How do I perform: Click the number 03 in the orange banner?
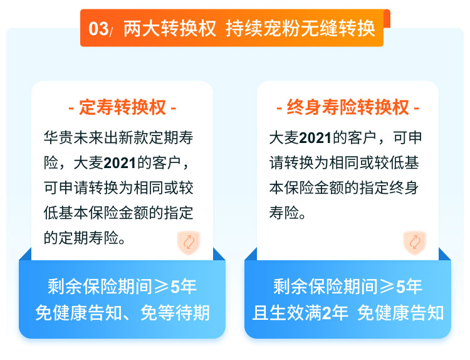tap(98, 29)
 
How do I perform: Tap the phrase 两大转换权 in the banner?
tap(170, 29)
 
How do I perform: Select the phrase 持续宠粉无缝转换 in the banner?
tap(300, 29)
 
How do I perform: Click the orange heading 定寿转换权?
tap(122, 107)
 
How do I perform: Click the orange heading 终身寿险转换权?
tap(348, 107)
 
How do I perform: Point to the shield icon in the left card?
tap(189, 242)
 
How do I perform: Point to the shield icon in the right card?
tap(415, 242)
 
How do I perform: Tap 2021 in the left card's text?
tap(120, 163)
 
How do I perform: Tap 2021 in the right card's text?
tap(316, 139)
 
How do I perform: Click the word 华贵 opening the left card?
tap(58, 138)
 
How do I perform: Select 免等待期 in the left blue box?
tap(175, 313)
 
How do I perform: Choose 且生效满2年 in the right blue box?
tap(300, 313)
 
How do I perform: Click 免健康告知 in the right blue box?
tap(401, 313)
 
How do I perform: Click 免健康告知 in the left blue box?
tap(78, 313)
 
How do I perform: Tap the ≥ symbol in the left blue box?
tap(162, 287)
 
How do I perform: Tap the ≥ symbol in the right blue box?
tap(387, 287)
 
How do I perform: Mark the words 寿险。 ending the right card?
tap(288, 213)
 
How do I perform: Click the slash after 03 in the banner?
tap(111, 32)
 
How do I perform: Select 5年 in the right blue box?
tap(409, 287)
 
